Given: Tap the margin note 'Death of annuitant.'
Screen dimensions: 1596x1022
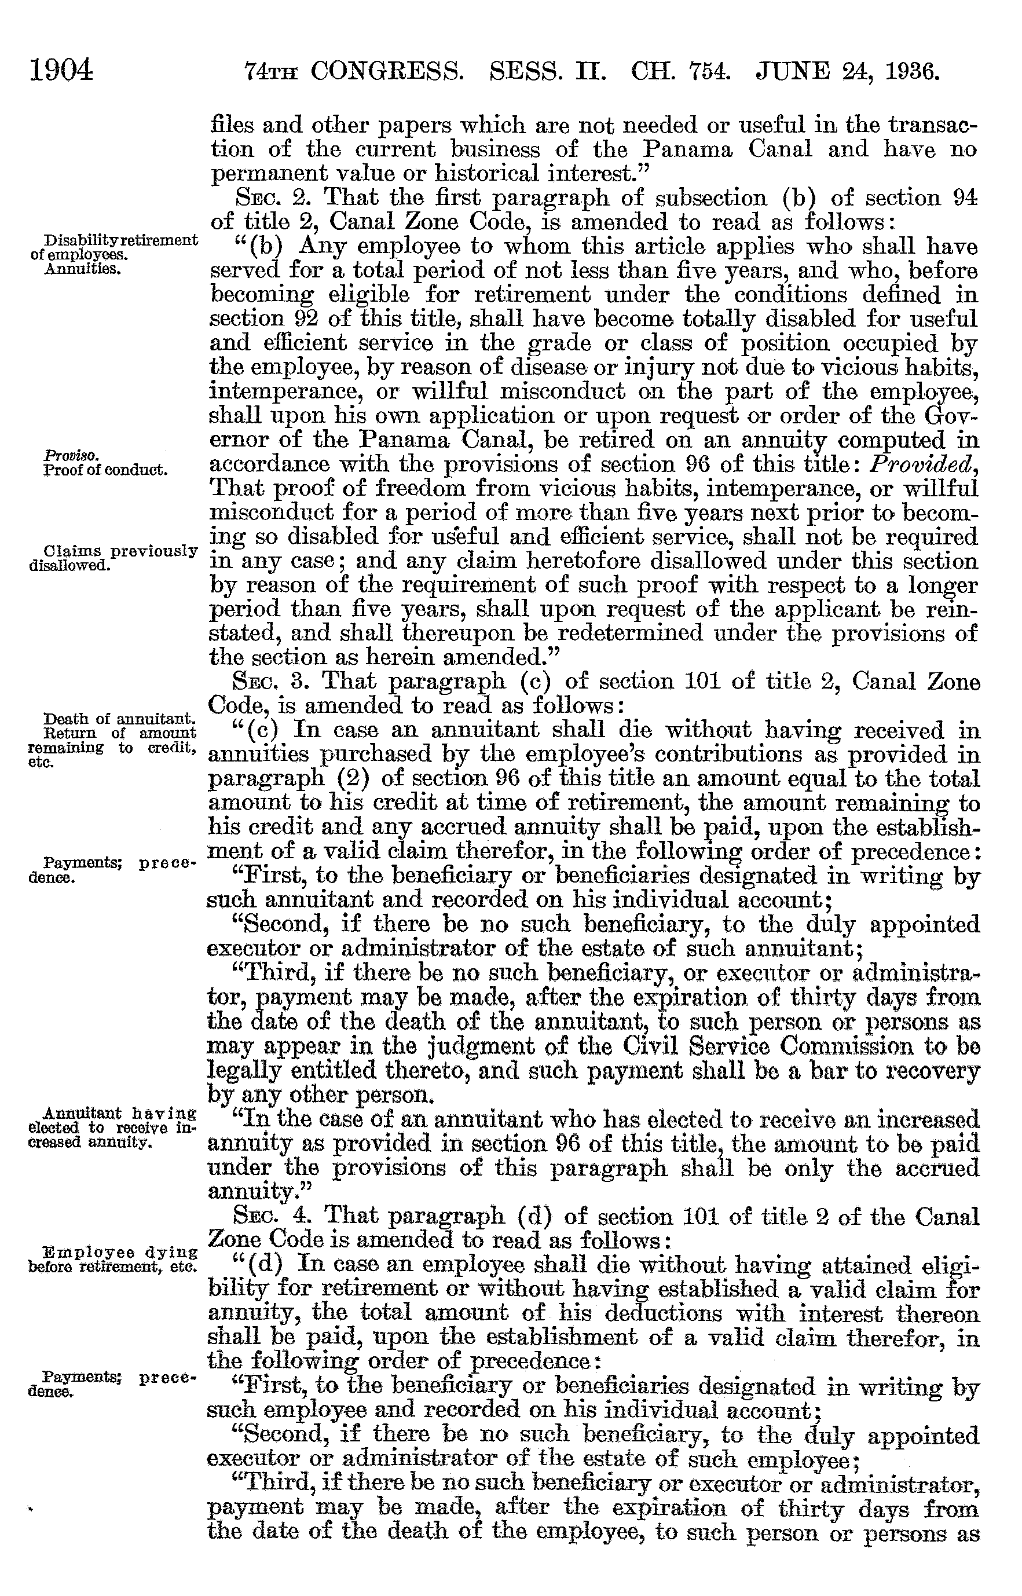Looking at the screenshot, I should (119, 719).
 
